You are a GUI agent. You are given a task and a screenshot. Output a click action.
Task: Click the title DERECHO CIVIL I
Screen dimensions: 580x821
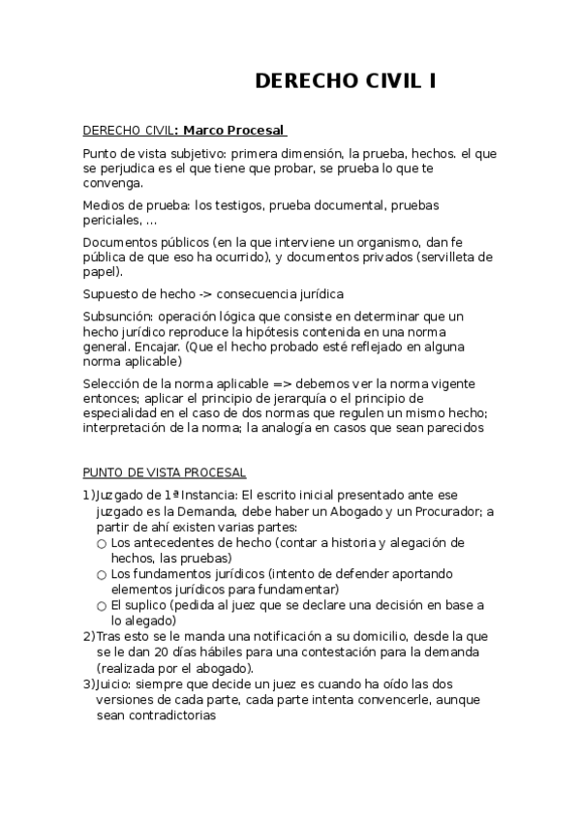(x=345, y=81)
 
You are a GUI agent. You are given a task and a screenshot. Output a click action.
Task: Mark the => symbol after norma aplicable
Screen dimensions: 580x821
(x=260, y=383)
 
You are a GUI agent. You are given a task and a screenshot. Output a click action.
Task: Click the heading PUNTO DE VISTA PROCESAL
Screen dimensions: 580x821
(x=165, y=472)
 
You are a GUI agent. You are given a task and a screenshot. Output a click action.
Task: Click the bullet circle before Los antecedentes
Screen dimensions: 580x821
(x=102, y=544)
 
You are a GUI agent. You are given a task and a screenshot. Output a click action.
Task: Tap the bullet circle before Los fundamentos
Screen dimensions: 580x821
(x=102, y=575)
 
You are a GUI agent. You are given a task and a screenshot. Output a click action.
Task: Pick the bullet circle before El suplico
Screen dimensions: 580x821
(x=102, y=606)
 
